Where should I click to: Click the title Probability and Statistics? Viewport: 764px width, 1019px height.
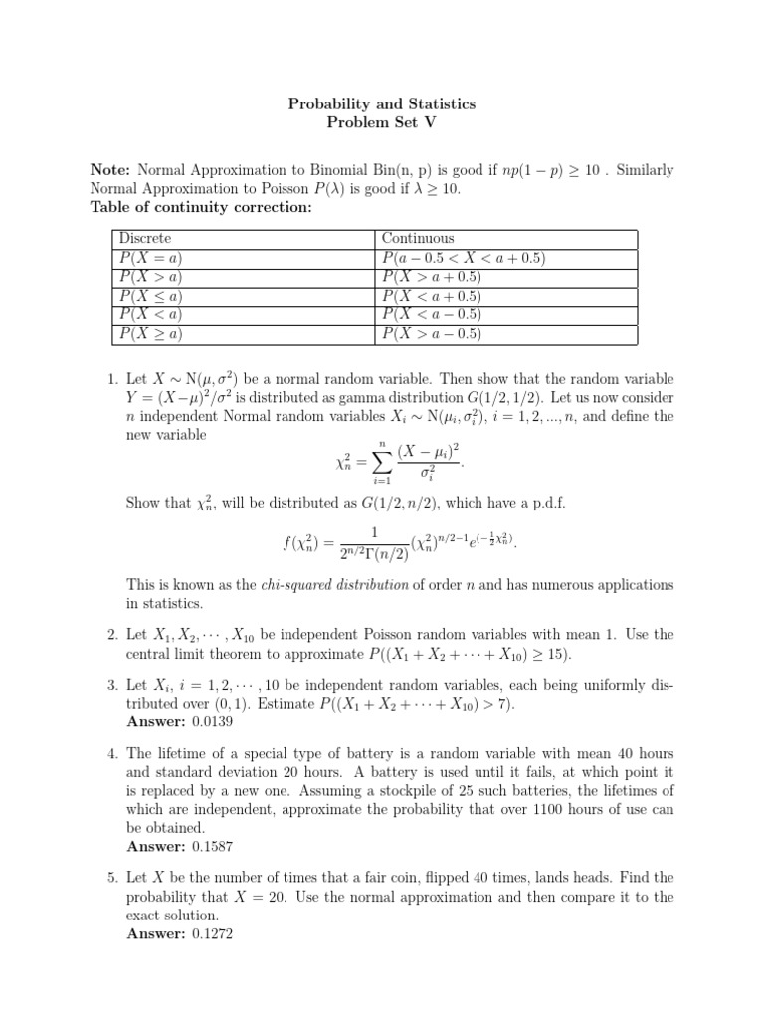[x=382, y=103]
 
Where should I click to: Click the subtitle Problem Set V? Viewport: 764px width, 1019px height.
[x=382, y=122]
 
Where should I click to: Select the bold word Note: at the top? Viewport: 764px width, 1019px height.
[x=110, y=170]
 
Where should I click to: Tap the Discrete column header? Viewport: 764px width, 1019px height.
[x=145, y=239]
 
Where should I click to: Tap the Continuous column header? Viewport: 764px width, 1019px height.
[x=418, y=239]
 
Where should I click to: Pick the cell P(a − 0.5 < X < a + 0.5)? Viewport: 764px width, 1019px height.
[x=464, y=258]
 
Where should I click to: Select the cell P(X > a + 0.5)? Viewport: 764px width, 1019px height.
[x=432, y=277]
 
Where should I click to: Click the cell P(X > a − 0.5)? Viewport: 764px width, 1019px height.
[x=432, y=334]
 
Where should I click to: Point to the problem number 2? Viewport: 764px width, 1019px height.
[x=111, y=634]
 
